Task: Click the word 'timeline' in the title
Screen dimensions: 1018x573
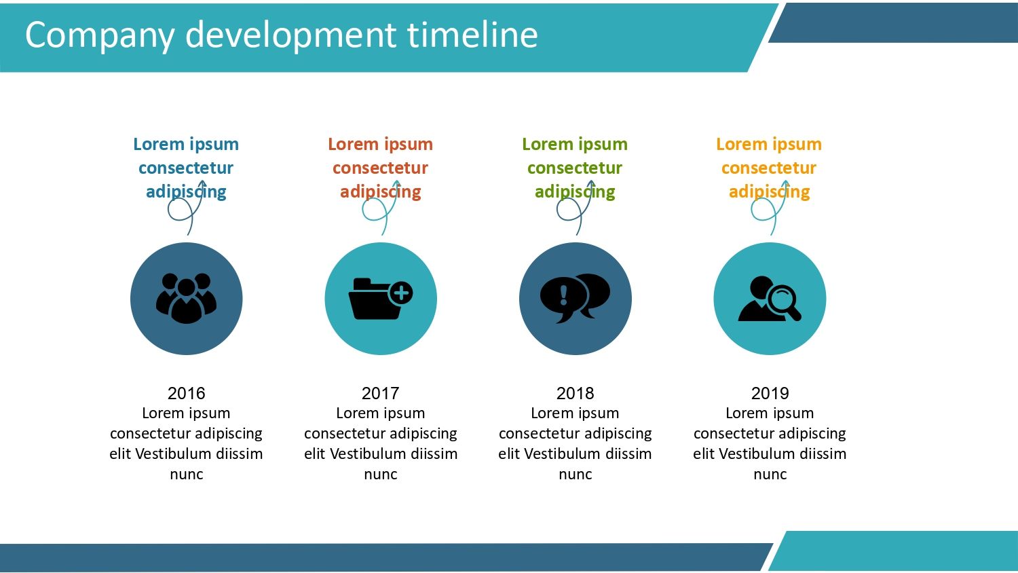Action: pyautogui.click(x=472, y=35)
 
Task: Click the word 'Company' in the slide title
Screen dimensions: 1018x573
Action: pyautogui.click(x=100, y=37)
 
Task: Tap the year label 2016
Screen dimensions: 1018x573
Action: pyautogui.click(x=187, y=393)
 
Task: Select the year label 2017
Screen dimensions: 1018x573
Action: pyautogui.click(x=380, y=393)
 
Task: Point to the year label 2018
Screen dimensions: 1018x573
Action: pyautogui.click(x=575, y=393)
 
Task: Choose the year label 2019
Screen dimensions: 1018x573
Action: pyautogui.click(x=770, y=393)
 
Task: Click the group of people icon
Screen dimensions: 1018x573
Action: pyautogui.click(x=187, y=298)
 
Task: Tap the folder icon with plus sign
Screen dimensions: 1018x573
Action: pyautogui.click(x=381, y=298)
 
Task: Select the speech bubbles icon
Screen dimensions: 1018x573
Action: pyautogui.click(x=576, y=298)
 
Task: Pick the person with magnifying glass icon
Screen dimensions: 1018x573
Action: pyautogui.click(x=770, y=298)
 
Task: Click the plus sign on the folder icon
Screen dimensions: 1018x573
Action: pyautogui.click(x=401, y=293)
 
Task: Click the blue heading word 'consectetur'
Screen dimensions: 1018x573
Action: pyautogui.click(x=186, y=168)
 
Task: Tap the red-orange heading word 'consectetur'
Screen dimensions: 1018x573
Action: pyautogui.click(x=380, y=168)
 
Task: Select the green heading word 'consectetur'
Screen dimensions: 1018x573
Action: pyautogui.click(x=575, y=168)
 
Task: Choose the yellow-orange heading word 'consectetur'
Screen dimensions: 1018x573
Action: pyautogui.click(x=769, y=168)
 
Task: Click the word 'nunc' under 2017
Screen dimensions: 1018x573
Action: pyautogui.click(x=380, y=475)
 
